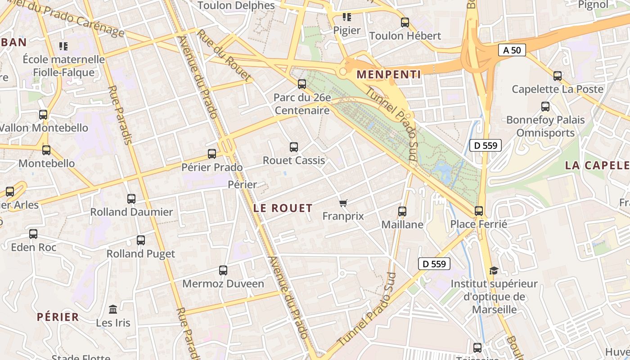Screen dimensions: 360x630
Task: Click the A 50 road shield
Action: pyautogui.click(x=512, y=50)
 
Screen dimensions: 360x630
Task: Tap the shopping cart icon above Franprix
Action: pyautogui.click(x=343, y=203)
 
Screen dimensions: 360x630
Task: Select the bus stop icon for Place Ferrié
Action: pyautogui.click(x=479, y=211)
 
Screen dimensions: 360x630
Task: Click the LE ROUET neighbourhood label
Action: pyautogui.click(x=283, y=208)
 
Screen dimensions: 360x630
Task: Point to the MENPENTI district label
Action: pyautogui.click(x=389, y=75)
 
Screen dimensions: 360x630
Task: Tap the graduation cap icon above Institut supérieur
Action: pyautogui.click(x=494, y=270)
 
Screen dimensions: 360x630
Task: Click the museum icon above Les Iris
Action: pyautogui.click(x=113, y=310)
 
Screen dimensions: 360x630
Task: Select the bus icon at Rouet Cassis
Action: pyautogui.click(x=294, y=147)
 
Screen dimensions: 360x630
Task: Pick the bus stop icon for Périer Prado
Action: pyautogui.click(x=212, y=154)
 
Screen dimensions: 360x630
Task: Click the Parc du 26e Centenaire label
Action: pyautogui.click(x=302, y=104)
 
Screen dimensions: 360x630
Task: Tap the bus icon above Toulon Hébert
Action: pyautogui.click(x=405, y=22)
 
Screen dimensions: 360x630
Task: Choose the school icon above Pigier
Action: pyautogui.click(x=346, y=17)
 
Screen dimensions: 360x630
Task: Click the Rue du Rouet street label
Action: pyautogui.click(x=224, y=56)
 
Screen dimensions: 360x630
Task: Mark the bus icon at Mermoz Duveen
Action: pyautogui.click(x=223, y=270)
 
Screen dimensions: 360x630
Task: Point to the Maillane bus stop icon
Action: pyautogui.click(x=402, y=211)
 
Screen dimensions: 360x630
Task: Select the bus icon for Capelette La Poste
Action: pyautogui.click(x=558, y=76)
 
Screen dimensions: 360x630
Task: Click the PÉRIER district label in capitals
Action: pyautogui.click(x=58, y=317)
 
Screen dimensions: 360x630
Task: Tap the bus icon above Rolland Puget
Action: pyautogui.click(x=141, y=240)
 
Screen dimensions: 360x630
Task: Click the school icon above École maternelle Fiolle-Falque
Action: pyautogui.click(x=63, y=46)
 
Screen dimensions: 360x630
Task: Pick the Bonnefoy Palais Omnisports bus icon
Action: pyautogui.click(x=545, y=107)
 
